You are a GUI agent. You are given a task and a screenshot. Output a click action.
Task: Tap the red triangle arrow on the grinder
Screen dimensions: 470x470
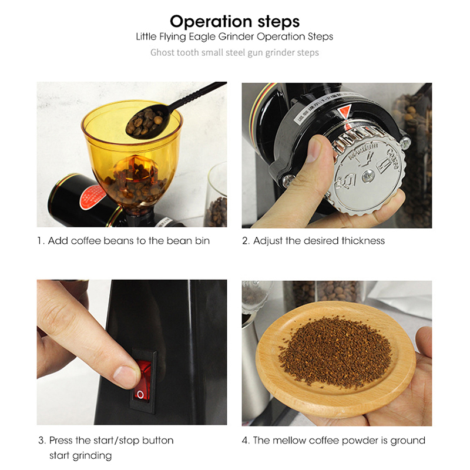345,112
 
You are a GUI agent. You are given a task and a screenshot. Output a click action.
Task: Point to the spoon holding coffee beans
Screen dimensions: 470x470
168,111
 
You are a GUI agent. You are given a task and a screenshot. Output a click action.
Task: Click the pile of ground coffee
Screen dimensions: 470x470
335,352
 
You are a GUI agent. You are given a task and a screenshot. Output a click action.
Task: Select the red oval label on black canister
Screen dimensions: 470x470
93,197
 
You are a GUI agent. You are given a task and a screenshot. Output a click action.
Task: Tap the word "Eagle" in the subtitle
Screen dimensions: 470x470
202,37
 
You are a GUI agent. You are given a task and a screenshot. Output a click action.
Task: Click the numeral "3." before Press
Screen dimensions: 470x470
42,440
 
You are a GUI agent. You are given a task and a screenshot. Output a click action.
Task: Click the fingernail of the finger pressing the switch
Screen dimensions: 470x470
125,372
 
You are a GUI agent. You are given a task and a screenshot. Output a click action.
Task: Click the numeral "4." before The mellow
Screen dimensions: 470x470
246,440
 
